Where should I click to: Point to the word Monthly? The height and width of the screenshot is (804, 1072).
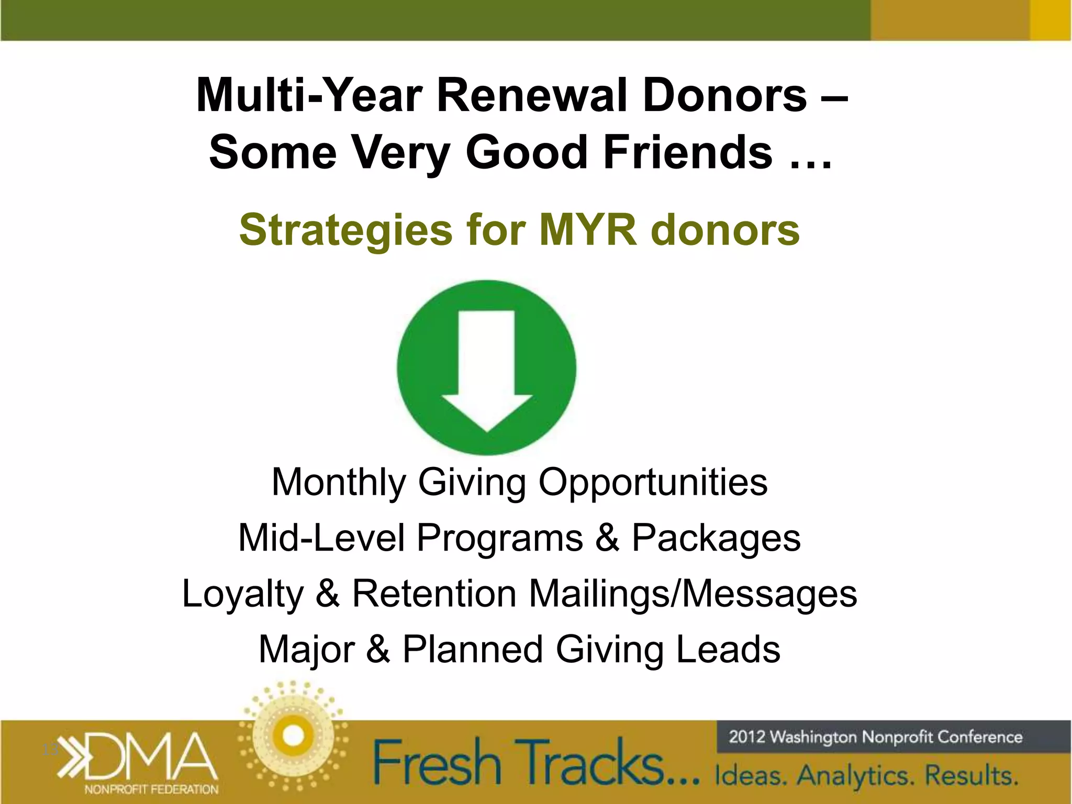coord(338,482)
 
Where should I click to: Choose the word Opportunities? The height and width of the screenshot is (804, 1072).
coord(653,482)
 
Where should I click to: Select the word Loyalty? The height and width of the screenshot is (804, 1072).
coord(242,594)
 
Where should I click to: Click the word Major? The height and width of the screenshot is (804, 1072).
coord(307,650)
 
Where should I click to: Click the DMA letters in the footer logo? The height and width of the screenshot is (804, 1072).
coord(149,756)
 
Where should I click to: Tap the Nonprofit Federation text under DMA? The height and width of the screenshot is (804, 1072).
coord(151,789)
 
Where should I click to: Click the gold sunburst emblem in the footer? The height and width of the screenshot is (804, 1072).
coord(293,736)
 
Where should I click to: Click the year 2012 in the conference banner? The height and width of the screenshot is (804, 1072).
coord(747,737)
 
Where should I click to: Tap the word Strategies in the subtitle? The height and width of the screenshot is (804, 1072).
coord(345,230)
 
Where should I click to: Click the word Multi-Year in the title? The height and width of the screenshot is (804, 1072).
coord(309,96)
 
